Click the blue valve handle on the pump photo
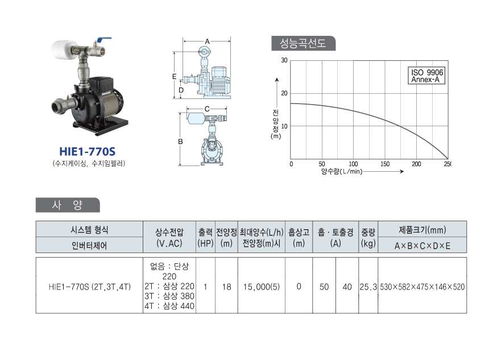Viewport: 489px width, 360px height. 104,40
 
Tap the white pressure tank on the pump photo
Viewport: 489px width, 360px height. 63,51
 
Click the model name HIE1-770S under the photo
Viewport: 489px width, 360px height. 88,152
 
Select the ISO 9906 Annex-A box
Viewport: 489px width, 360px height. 426,76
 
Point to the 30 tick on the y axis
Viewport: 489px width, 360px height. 284,60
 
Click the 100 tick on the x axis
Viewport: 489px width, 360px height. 353,164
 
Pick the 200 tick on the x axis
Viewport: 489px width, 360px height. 416,164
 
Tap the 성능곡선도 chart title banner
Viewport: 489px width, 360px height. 303,43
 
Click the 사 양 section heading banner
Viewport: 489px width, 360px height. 68,205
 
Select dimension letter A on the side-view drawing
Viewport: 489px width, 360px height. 207,41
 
